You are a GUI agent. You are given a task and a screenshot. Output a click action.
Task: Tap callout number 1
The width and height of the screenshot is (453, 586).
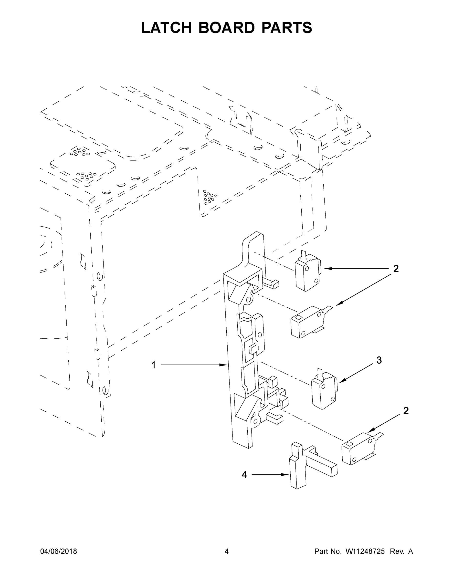[x=154, y=365]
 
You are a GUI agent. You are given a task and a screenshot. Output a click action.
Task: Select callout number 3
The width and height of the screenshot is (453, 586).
[x=379, y=360]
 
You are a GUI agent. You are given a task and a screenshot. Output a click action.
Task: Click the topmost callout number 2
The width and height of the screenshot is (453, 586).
[x=396, y=269]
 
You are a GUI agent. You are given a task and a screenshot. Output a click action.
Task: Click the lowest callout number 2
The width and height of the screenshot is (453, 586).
[x=406, y=411]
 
